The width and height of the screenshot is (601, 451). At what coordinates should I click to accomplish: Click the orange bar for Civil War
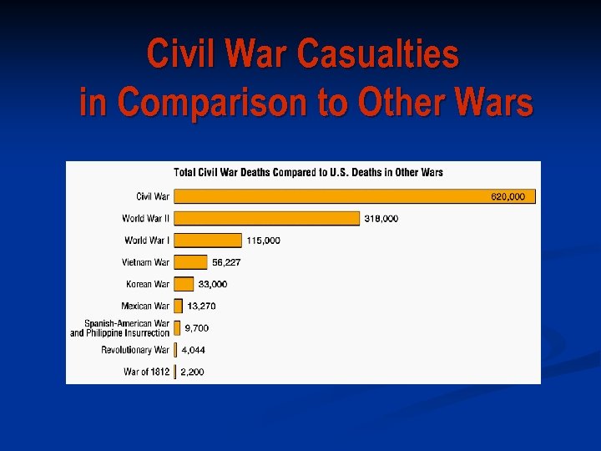334,196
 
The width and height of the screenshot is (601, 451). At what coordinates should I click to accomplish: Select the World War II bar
267,218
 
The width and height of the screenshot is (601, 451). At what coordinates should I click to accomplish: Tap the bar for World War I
208,240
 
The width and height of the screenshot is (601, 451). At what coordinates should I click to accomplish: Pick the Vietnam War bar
190,262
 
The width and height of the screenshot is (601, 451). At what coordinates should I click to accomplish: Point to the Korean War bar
184,284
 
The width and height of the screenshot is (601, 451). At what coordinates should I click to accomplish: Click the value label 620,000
508,196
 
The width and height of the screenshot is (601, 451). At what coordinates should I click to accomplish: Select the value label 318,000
381,218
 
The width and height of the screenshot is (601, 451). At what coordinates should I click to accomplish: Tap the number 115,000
264,240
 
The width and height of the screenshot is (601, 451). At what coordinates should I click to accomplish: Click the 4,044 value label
193,350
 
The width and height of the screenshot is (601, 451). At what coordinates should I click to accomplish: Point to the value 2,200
193,372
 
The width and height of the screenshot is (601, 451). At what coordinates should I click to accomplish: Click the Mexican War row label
145,306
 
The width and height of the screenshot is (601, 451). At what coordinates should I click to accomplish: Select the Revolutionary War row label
135,350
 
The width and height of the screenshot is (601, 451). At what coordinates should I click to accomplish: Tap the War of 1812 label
146,372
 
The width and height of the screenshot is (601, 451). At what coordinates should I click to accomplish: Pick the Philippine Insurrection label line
119,333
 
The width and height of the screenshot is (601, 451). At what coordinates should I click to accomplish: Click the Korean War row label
148,284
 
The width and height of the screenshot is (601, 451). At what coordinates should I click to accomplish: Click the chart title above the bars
308,173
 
